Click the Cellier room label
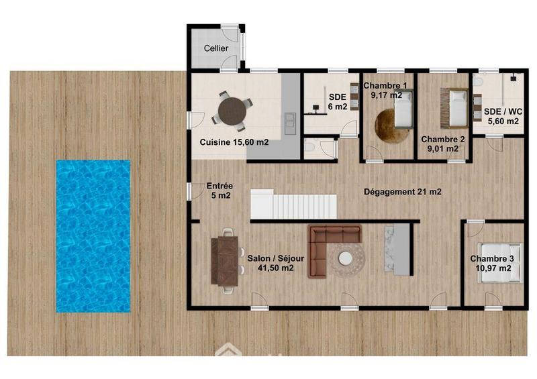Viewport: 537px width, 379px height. pyautogui.click(x=216, y=49)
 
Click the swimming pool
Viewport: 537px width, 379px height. pyautogui.click(x=93, y=235)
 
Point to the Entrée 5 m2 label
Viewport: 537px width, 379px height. pyautogui.click(x=219, y=191)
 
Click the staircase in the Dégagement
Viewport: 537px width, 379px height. pyautogui.click(x=293, y=203)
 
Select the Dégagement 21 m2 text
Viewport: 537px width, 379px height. pyautogui.click(x=402, y=192)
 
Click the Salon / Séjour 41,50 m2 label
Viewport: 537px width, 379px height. pyautogui.click(x=271, y=262)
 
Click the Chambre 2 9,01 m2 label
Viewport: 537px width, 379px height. pyautogui.click(x=443, y=144)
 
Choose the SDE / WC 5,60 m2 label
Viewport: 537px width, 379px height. pyautogui.click(x=496, y=116)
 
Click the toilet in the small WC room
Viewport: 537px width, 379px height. pyautogui.click(x=310, y=146)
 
